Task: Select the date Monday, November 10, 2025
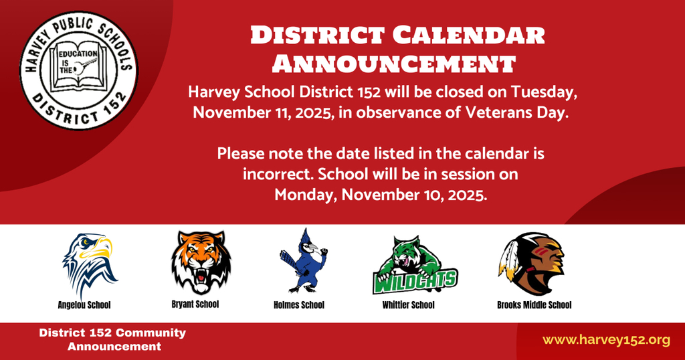(x=380, y=195)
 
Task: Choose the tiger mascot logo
(x=200, y=262)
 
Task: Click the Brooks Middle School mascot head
(x=532, y=263)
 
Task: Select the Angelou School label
(x=84, y=305)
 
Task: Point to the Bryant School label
(x=195, y=304)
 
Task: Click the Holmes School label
(x=299, y=305)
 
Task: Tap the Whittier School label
(x=408, y=305)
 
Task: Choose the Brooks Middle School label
(x=534, y=305)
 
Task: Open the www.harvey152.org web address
(x=606, y=340)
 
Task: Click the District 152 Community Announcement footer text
(x=113, y=339)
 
